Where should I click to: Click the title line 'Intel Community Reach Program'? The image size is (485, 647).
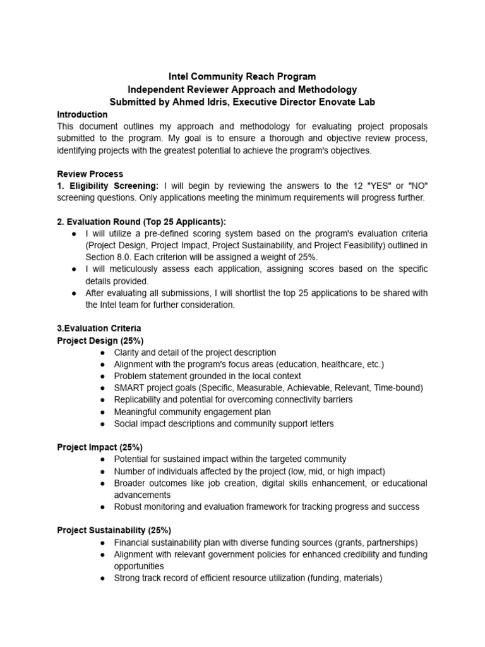click(x=242, y=77)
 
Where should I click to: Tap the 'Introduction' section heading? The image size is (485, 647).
click(x=82, y=114)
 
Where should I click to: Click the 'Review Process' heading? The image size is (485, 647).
click(x=90, y=174)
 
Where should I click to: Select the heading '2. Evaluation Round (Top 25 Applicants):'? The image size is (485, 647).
click(x=141, y=221)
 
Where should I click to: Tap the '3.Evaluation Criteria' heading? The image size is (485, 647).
click(x=99, y=329)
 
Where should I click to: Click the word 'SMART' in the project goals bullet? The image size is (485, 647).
click(x=129, y=388)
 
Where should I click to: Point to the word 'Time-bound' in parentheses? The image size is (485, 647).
click(x=397, y=388)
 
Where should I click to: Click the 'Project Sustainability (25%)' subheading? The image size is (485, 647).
click(x=114, y=530)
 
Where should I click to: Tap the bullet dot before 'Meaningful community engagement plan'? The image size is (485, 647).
click(x=103, y=412)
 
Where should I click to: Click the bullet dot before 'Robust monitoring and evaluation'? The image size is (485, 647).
click(x=103, y=507)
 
